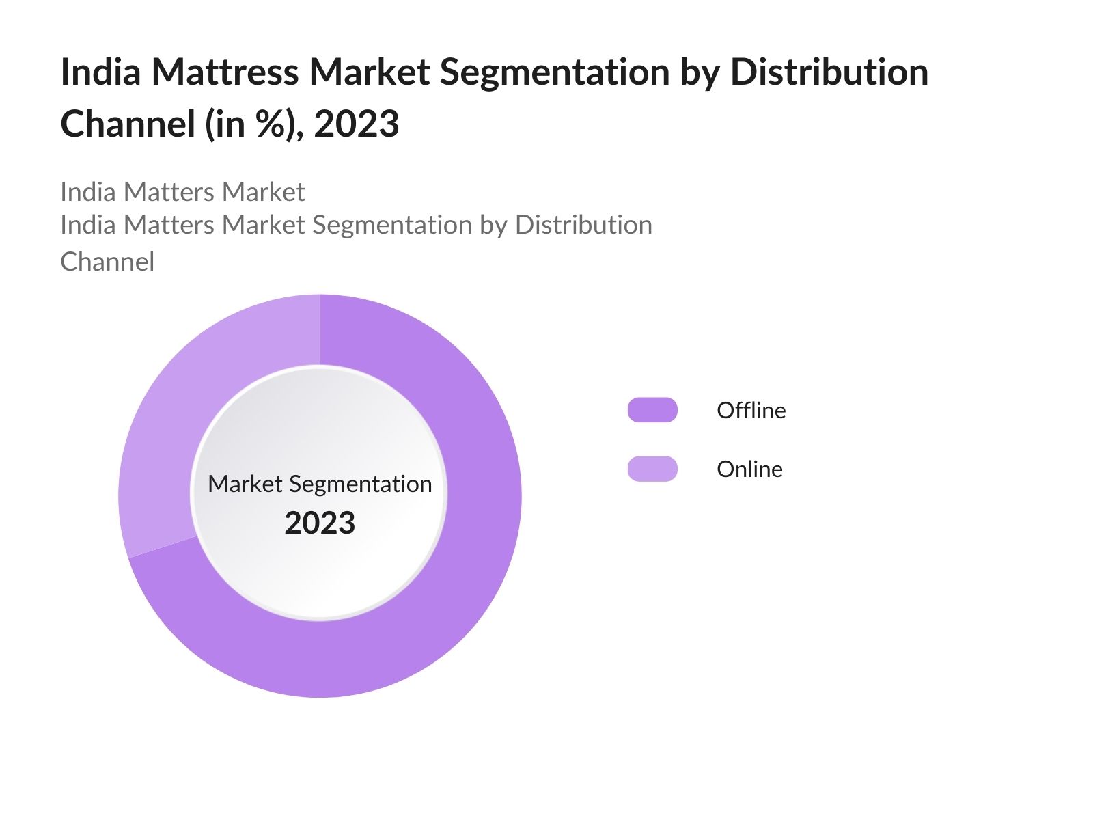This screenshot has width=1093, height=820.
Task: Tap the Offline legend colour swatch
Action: point(652,410)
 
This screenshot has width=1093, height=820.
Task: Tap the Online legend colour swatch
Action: point(652,469)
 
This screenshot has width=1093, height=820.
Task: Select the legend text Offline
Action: point(751,410)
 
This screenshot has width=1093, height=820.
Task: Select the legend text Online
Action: point(749,469)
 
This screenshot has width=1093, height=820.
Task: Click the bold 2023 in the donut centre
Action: point(320,523)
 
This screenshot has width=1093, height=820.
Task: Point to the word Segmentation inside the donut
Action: point(360,484)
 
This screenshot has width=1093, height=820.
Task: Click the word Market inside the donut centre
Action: point(245,484)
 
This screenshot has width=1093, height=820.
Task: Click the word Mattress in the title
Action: point(225,72)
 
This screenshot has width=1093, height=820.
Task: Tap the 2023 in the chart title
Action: point(356,124)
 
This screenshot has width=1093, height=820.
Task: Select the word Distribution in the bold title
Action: point(829,72)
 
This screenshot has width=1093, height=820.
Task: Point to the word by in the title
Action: point(700,72)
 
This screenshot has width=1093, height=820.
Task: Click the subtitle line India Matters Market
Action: point(182,192)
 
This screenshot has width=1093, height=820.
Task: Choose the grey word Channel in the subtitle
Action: point(107,262)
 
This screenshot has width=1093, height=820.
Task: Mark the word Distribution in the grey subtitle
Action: point(583,225)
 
